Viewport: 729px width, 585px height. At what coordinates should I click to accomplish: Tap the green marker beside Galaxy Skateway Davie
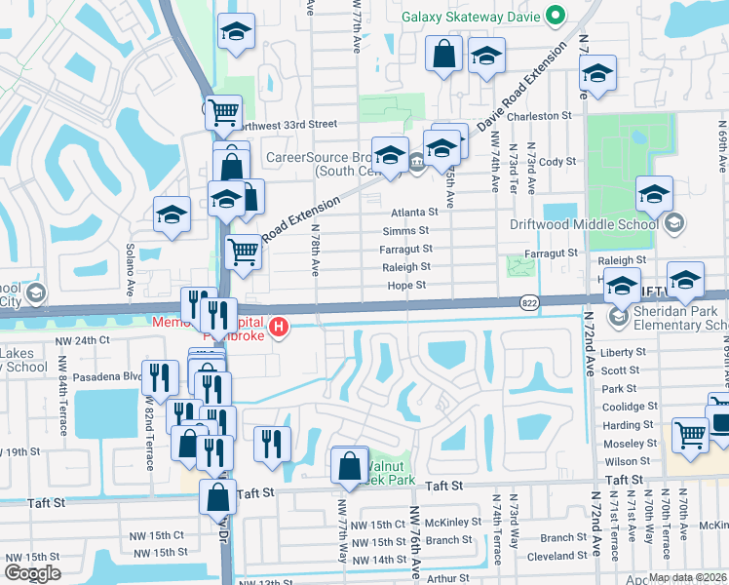point(556,16)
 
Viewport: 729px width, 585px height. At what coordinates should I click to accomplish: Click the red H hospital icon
point(281,325)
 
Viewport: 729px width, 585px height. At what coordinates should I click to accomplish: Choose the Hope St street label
point(406,286)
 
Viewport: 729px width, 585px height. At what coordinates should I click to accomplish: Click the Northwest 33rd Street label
point(288,125)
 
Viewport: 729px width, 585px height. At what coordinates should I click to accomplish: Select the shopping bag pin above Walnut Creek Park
point(350,466)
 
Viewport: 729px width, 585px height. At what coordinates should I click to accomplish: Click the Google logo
point(32,573)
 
